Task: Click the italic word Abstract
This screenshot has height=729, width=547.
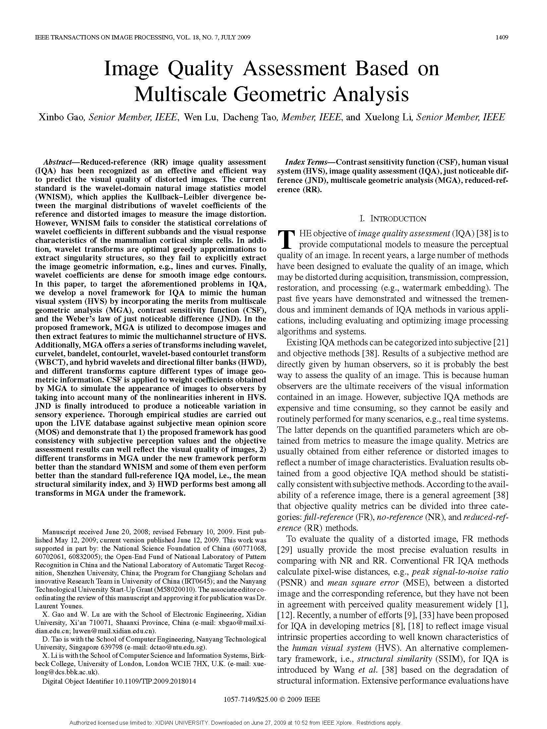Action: click(x=58, y=162)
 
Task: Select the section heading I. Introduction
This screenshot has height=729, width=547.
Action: click(x=393, y=219)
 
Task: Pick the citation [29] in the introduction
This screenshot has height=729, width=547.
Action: click(x=284, y=550)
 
